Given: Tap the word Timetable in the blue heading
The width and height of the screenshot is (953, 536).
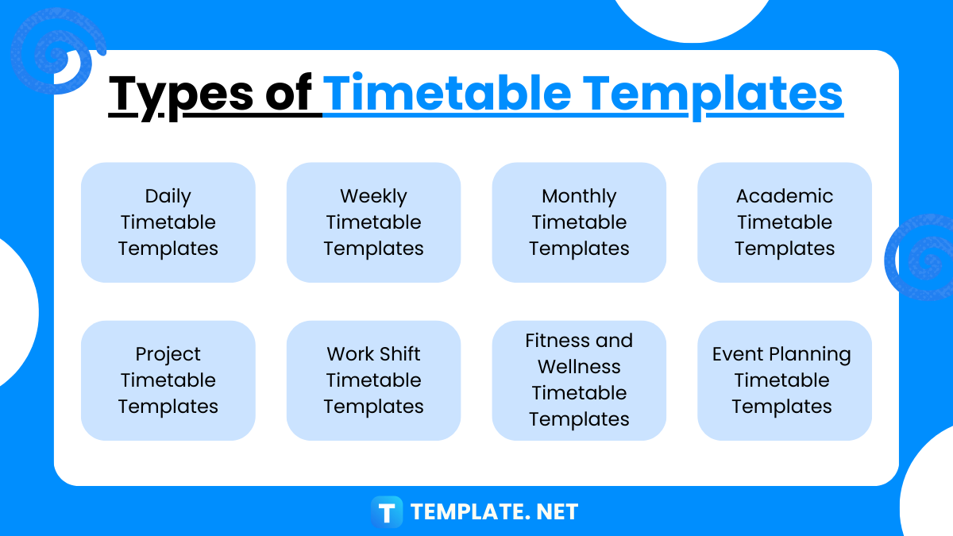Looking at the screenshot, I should pyautogui.click(x=447, y=93).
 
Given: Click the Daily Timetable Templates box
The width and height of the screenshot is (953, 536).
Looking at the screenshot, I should pyautogui.click(x=168, y=222).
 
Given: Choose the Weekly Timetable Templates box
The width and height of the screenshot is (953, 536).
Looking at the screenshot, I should pyautogui.click(x=373, y=222).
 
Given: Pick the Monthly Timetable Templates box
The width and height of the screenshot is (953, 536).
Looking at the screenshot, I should pyautogui.click(x=579, y=222).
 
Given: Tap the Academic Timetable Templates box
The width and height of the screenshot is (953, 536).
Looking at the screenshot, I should pyautogui.click(x=785, y=222).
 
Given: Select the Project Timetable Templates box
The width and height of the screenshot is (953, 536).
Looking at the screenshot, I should pyautogui.click(x=168, y=380).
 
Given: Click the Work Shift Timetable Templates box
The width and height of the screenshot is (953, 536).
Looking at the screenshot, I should pyautogui.click(x=373, y=380).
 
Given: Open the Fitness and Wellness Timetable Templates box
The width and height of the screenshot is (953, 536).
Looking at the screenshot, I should pyautogui.click(x=579, y=380).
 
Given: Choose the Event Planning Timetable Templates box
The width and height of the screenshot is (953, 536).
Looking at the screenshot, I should pyautogui.click(x=785, y=380).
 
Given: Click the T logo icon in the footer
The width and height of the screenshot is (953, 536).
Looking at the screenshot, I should pyautogui.click(x=387, y=512).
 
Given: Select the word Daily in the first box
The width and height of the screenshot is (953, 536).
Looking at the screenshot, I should pyautogui.click(x=168, y=196).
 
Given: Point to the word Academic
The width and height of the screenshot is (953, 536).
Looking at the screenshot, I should pyautogui.click(x=785, y=196).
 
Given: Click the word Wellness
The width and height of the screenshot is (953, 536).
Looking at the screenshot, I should pyautogui.click(x=579, y=367).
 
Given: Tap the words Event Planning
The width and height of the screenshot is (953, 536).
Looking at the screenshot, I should pyautogui.click(x=781, y=354).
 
